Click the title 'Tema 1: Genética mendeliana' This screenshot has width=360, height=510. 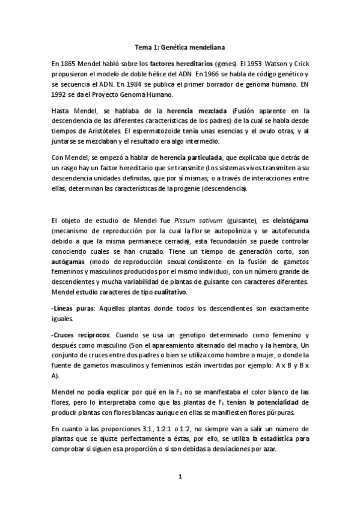[180, 46]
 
